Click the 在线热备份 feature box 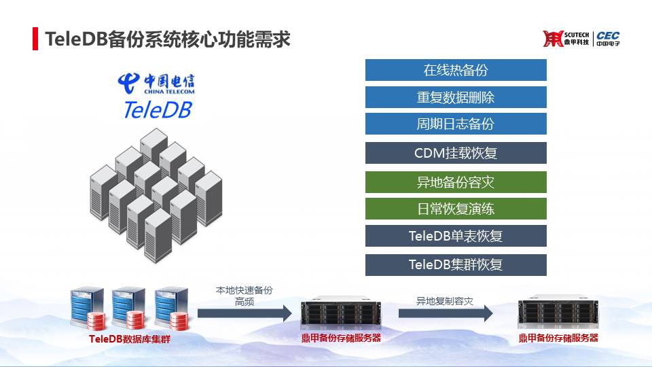tap(456, 70)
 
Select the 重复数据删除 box tap(456, 97)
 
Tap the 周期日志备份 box tap(456, 124)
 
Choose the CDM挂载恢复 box tap(456, 153)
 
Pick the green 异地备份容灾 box tap(456, 182)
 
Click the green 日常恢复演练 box tap(456, 209)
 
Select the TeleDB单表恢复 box tap(456, 236)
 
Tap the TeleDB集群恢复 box tap(456, 264)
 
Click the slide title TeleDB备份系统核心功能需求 tap(168, 39)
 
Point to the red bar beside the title tap(35, 39)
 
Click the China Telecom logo tap(156, 83)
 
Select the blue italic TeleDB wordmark tap(158, 110)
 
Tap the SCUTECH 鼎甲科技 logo tap(566, 39)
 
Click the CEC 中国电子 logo tap(608, 39)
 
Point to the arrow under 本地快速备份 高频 tap(244, 313)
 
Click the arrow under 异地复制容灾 tap(446, 313)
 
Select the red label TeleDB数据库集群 tap(130, 339)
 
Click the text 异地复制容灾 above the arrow tap(445, 301)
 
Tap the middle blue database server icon tap(130, 308)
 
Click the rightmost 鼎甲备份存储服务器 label tap(558, 338)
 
